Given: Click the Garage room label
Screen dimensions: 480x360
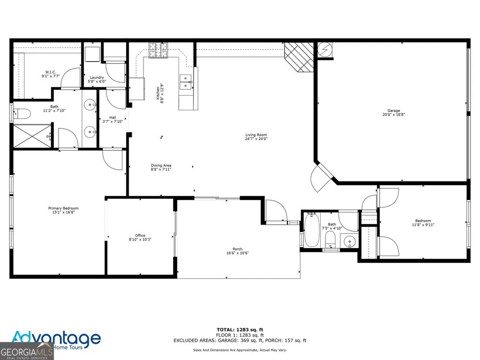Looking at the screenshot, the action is [x=394, y=110].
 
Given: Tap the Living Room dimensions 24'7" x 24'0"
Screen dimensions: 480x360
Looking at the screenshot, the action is [x=256, y=139].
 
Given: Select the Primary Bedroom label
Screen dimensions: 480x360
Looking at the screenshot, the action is [x=63, y=208].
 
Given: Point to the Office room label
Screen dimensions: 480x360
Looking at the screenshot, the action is [x=140, y=235].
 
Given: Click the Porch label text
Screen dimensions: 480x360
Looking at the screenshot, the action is [x=237, y=249].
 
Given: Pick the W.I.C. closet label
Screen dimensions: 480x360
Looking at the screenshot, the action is [x=50, y=72].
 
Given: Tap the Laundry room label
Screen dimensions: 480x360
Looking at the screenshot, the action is [x=97, y=77].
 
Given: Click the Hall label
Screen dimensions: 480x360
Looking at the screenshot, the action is [x=113, y=118].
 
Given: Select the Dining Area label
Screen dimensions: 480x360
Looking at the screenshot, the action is [x=161, y=165].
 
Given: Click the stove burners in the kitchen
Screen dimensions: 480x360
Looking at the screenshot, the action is [x=158, y=50].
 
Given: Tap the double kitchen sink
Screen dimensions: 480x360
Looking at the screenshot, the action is [x=185, y=83].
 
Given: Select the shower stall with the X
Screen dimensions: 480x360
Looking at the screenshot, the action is [x=32, y=136].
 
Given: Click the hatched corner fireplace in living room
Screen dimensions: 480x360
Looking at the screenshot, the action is [x=299, y=57].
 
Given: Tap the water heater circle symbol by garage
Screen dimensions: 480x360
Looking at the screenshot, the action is [x=324, y=49].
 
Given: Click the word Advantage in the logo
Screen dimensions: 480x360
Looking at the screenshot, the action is [x=56, y=338].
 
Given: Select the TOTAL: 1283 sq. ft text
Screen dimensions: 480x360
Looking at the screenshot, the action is [x=240, y=330].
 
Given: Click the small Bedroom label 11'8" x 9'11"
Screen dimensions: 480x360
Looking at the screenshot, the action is [x=423, y=223].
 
